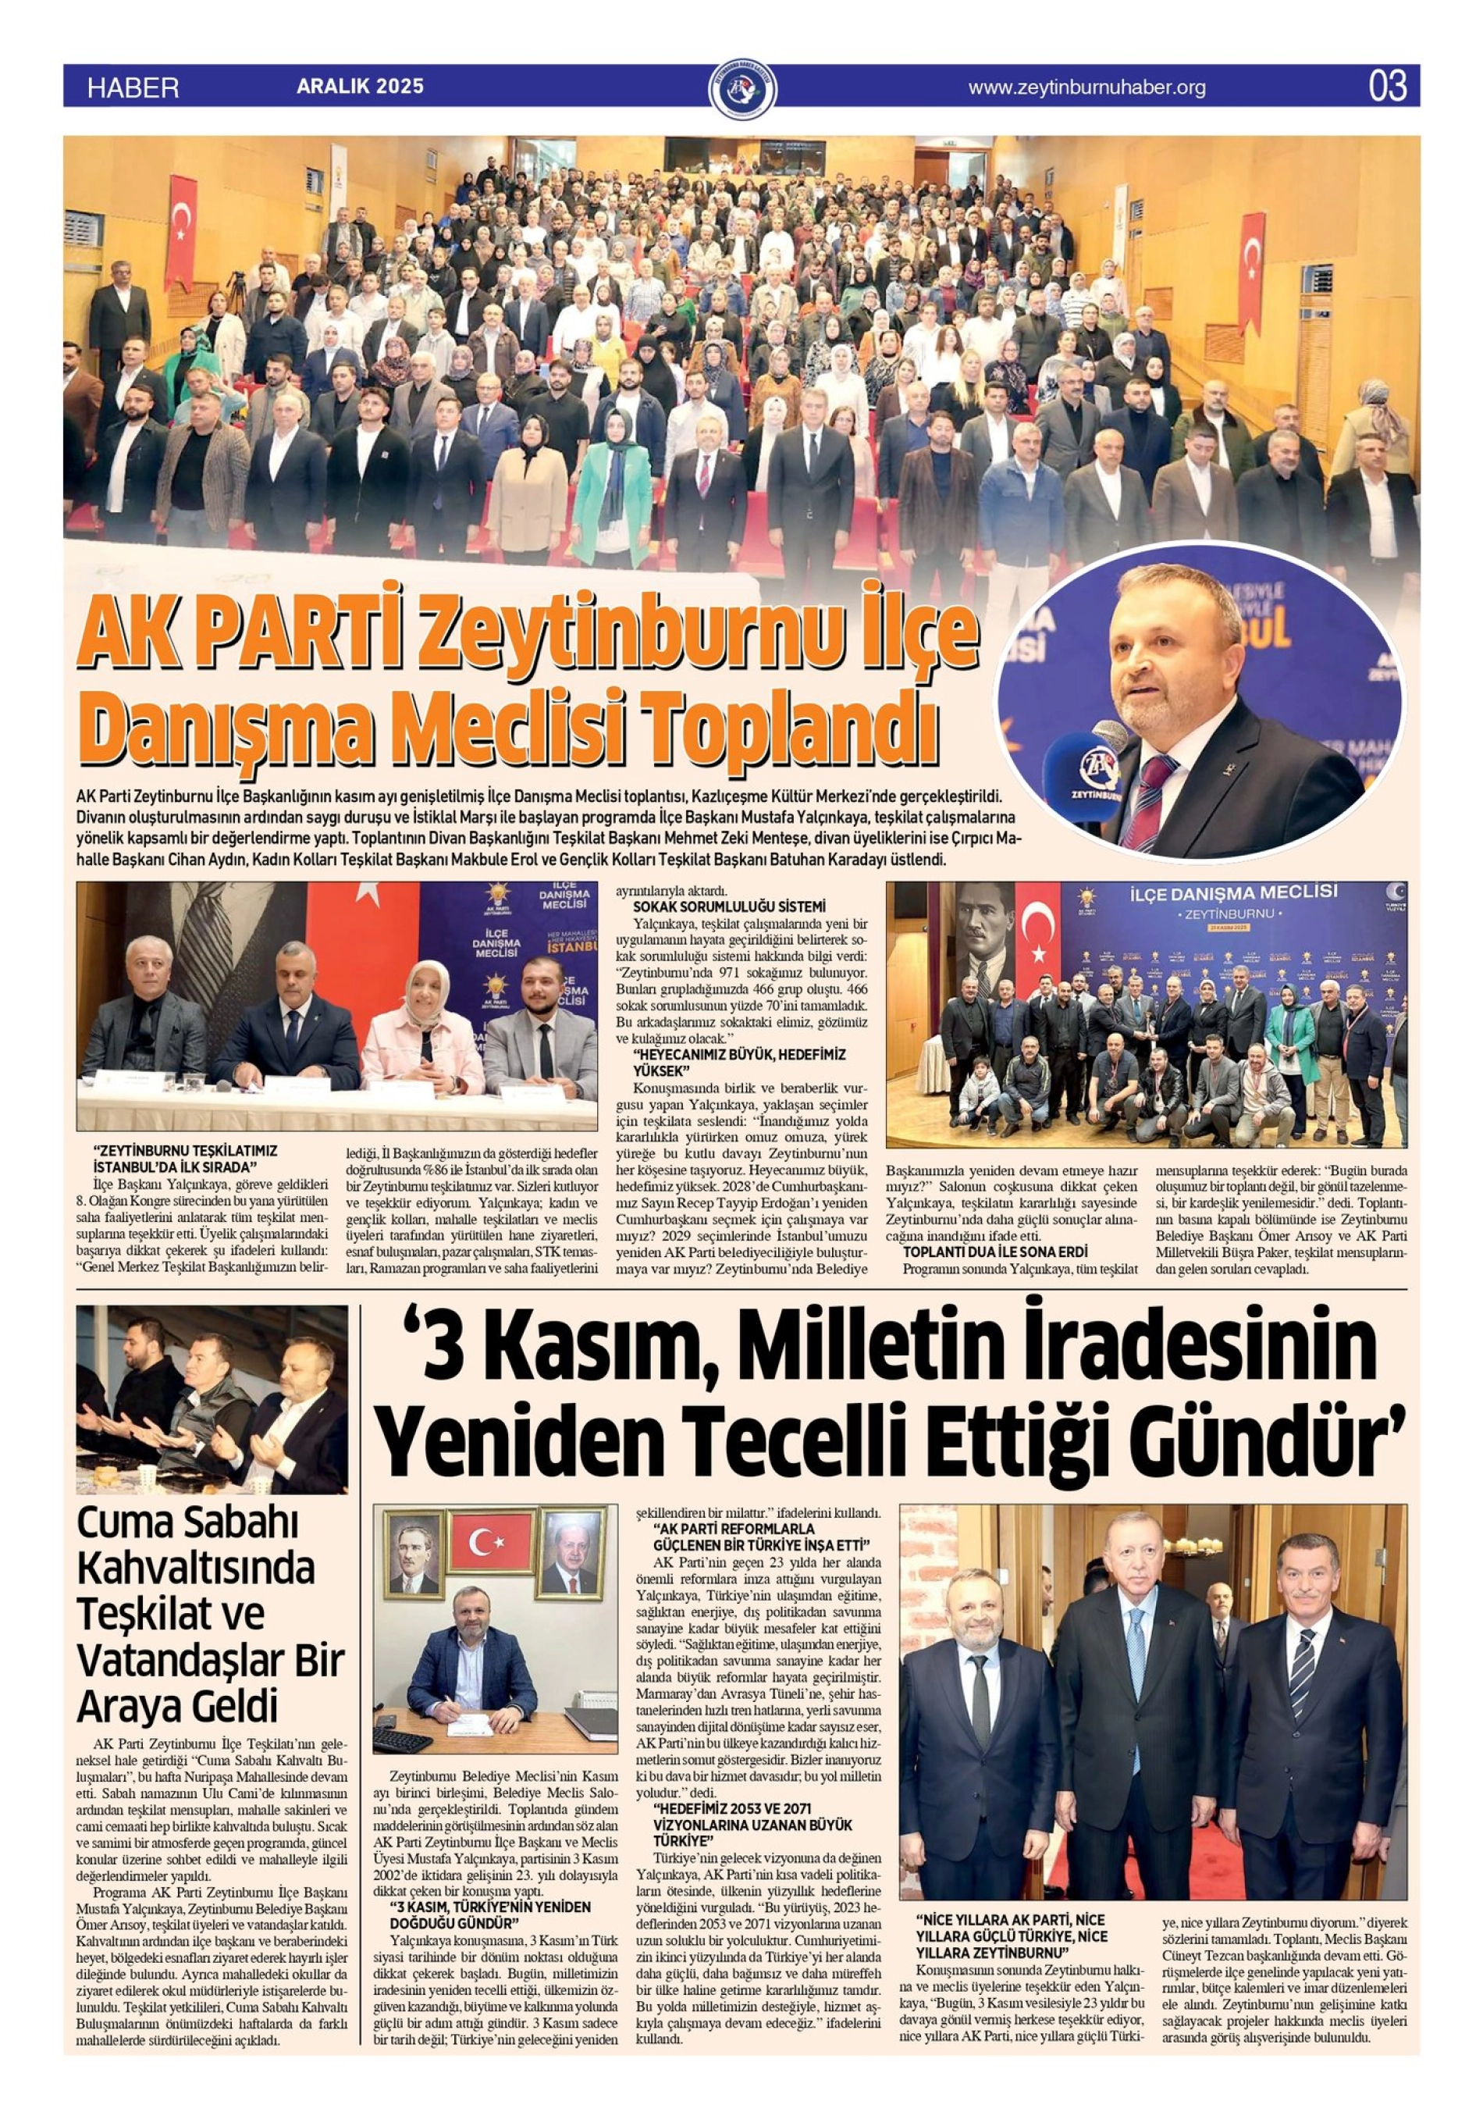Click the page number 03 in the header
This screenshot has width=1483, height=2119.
1387,87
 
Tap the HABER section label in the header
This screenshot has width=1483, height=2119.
133,87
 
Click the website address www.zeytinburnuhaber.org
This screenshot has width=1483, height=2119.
1086,87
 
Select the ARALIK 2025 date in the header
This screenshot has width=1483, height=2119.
360,87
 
